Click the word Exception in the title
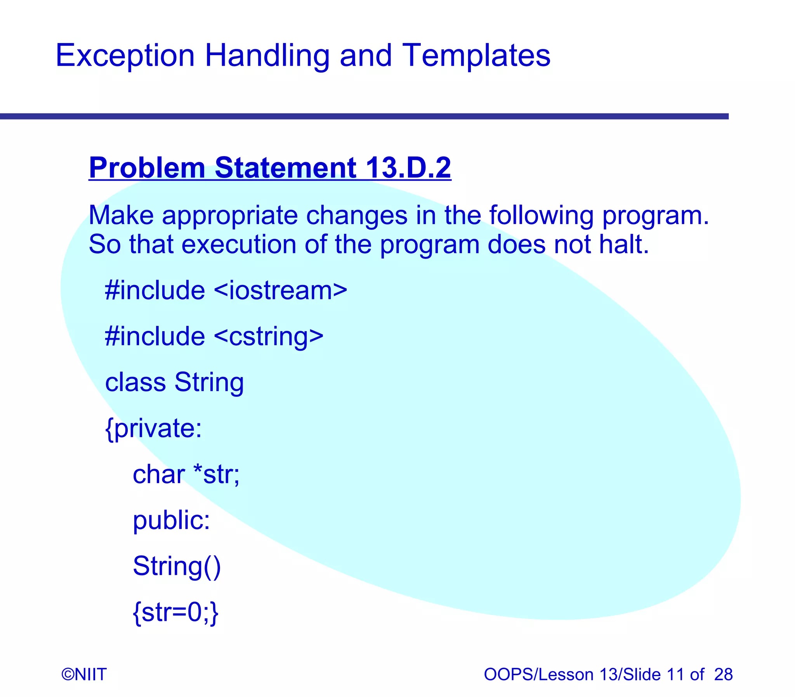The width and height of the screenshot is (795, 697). point(125,56)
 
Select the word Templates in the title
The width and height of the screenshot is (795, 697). point(476,56)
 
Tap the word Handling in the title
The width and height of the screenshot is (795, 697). point(267,56)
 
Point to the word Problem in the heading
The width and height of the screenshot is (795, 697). point(147,168)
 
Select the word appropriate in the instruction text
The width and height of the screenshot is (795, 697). point(229,215)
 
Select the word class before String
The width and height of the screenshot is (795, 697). point(135,382)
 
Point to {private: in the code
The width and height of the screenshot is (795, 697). point(154,429)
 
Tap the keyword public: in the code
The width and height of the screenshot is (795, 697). point(171,520)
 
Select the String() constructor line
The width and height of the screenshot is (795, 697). point(177,566)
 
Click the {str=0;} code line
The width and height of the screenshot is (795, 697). point(176,612)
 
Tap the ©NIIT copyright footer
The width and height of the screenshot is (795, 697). point(84,674)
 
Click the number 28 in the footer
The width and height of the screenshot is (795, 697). point(723,674)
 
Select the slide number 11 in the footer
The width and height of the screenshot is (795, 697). point(675,674)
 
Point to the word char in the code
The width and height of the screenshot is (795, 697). point(159,475)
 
